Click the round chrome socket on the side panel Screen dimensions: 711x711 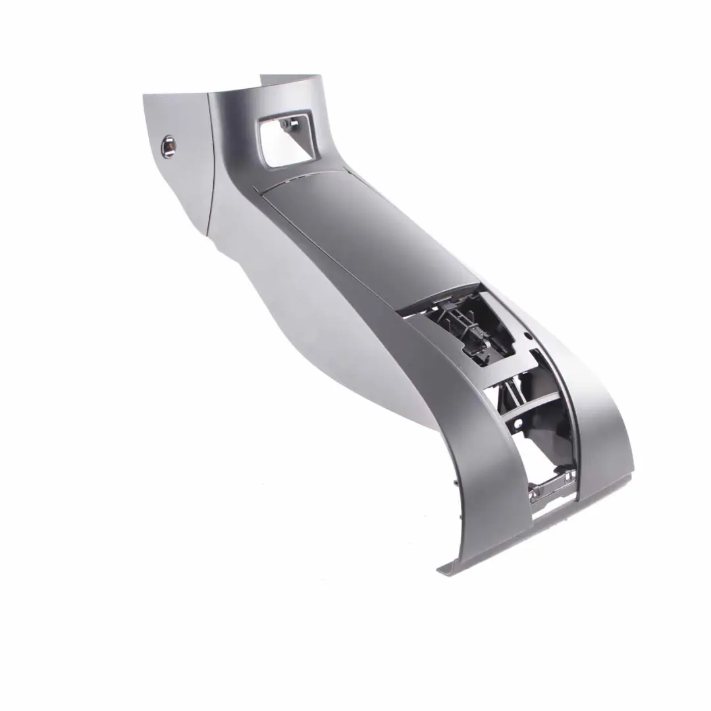169,145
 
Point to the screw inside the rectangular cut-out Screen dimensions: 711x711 283,123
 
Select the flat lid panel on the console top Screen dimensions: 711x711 362,230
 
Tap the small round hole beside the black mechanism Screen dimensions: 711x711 527,335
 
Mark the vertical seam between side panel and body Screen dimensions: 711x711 209,165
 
